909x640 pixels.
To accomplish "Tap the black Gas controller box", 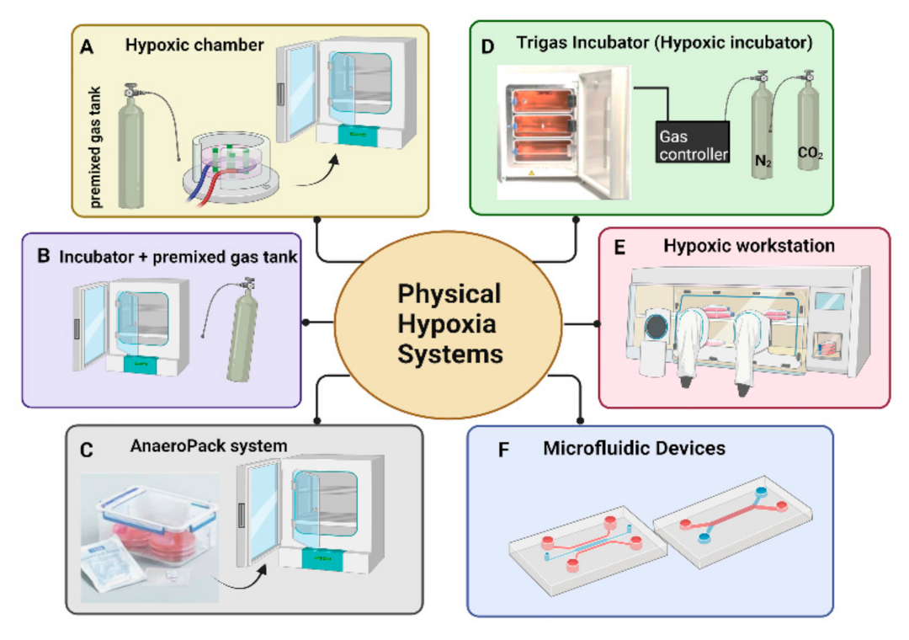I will (692, 142).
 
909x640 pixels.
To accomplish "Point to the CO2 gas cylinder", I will (811, 135).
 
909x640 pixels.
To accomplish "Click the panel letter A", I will (86, 47).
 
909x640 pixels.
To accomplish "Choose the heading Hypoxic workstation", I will (749, 246).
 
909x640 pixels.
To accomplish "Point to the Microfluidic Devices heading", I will (634, 448).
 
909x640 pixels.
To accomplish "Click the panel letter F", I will (503, 450).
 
